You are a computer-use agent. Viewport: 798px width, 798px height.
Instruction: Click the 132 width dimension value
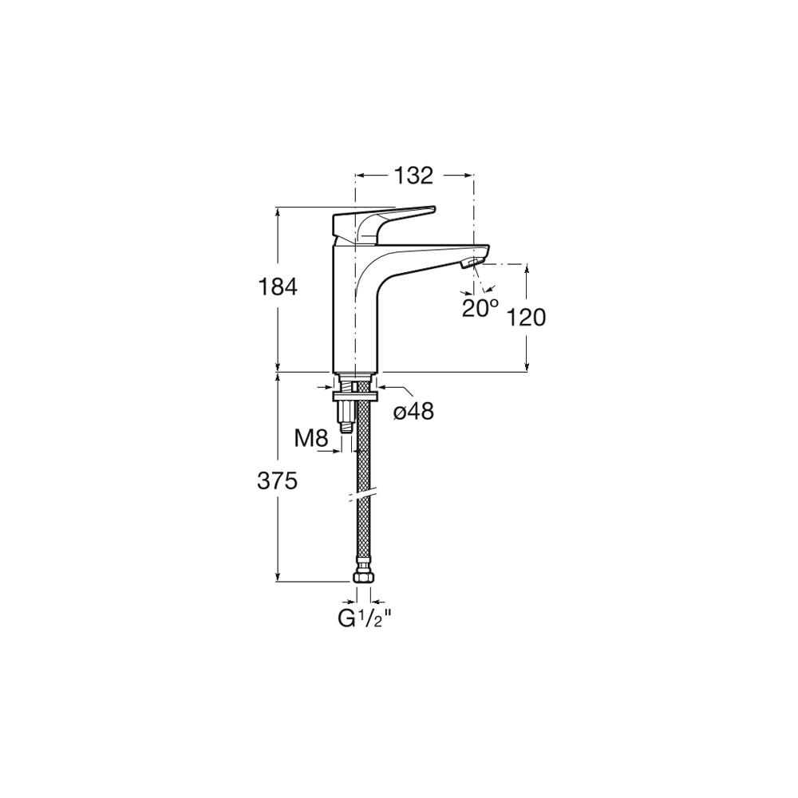click(413, 176)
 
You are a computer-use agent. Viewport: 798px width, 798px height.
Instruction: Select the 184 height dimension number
click(278, 288)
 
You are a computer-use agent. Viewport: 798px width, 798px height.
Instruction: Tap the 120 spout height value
click(526, 318)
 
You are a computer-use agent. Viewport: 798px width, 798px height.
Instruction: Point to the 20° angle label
click(480, 308)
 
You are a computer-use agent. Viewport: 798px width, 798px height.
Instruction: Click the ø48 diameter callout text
click(413, 411)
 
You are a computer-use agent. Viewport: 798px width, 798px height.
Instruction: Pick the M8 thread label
click(311, 437)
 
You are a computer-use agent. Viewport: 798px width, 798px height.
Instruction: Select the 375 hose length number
click(277, 481)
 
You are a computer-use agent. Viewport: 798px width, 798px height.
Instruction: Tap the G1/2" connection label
click(365, 618)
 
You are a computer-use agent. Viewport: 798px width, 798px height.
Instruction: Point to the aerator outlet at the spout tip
click(470, 263)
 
